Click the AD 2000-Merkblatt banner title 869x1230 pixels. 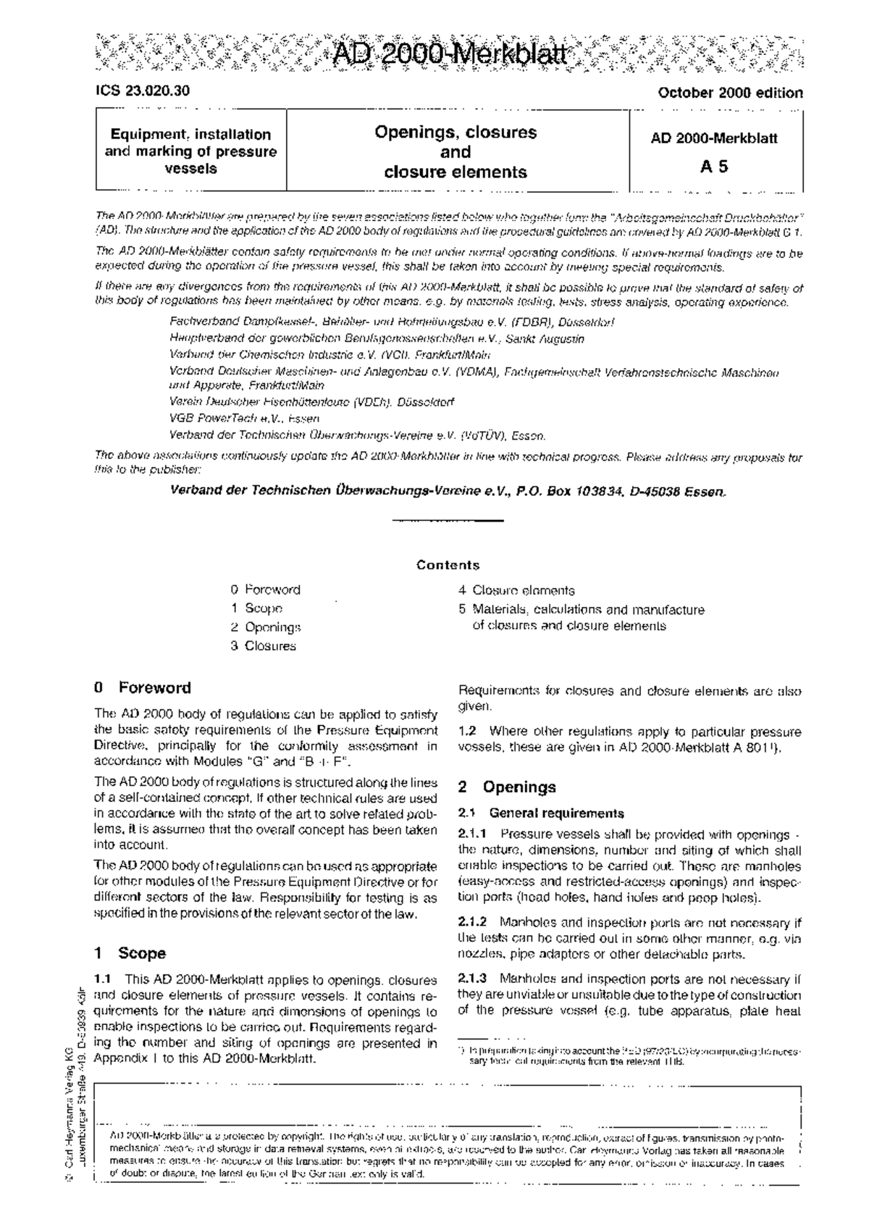[448, 54]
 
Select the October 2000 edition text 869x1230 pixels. [729, 93]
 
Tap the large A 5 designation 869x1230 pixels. [714, 167]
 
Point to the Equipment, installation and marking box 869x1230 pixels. [191, 151]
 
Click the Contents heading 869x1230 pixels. [448, 565]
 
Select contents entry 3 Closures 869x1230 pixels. [263, 646]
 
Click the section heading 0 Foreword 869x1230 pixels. [143, 688]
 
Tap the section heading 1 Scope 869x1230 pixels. [130, 953]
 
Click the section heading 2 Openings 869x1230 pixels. [508, 787]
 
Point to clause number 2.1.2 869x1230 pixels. [473, 923]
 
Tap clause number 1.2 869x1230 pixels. [468, 732]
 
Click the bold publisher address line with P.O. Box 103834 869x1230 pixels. [447, 491]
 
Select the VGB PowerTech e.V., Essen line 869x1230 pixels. [244, 419]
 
